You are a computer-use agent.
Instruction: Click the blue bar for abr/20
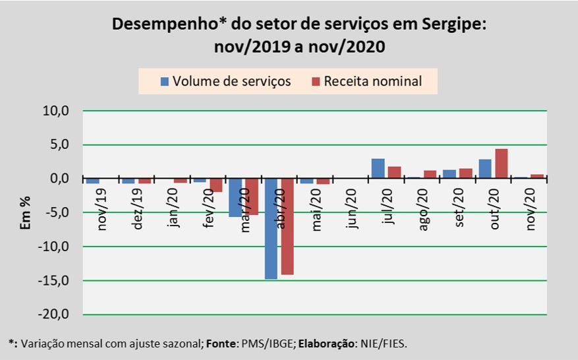click(x=270, y=228)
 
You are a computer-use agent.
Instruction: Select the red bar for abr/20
click(x=287, y=226)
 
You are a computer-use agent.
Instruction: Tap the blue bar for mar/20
click(x=235, y=197)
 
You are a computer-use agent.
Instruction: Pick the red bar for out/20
click(x=501, y=164)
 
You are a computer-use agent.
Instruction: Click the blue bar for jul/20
click(x=378, y=169)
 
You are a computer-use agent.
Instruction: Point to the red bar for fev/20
click(x=216, y=185)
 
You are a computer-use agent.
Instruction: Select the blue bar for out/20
click(x=485, y=169)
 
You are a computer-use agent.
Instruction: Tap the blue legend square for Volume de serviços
click(x=165, y=81)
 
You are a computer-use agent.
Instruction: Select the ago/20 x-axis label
click(x=422, y=209)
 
